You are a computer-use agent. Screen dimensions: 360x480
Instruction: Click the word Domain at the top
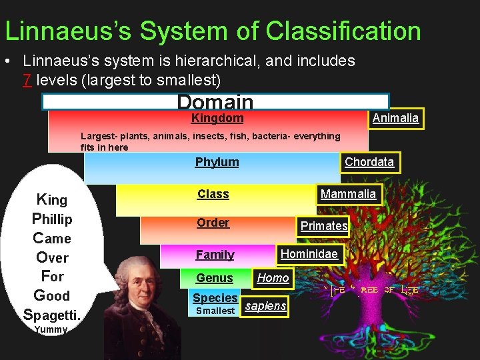pyautogui.click(x=215, y=103)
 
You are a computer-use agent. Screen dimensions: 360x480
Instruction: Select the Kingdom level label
pyautogui.click(x=217, y=119)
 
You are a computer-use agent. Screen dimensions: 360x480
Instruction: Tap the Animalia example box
pyautogui.click(x=395, y=119)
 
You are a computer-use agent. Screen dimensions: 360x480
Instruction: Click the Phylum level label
pyautogui.click(x=217, y=162)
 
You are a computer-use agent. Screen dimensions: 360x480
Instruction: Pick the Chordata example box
pyautogui.click(x=369, y=162)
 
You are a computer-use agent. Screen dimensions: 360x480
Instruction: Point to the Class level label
pyautogui.click(x=213, y=194)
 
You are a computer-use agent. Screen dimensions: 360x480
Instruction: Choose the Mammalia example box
pyautogui.click(x=348, y=194)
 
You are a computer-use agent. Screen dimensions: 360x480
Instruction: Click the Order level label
pyautogui.click(x=213, y=223)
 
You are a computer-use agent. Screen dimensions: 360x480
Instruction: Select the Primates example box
pyautogui.click(x=324, y=226)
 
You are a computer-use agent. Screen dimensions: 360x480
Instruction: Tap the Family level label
pyautogui.click(x=215, y=255)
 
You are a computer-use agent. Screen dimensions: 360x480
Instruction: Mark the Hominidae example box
pyautogui.click(x=309, y=254)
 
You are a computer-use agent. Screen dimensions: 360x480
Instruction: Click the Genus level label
pyautogui.click(x=214, y=278)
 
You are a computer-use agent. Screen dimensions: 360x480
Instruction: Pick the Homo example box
pyautogui.click(x=273, y=278)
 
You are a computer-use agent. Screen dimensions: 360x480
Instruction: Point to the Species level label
pyautogui.click(x=215, y=298)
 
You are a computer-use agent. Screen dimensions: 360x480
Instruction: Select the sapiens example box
pyautogui.click(x=265, y=306)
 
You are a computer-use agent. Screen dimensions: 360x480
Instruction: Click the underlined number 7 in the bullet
pyautogui.click(x=27, y=80)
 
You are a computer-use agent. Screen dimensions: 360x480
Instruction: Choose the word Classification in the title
pyautogui.click(x=343, y=31)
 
